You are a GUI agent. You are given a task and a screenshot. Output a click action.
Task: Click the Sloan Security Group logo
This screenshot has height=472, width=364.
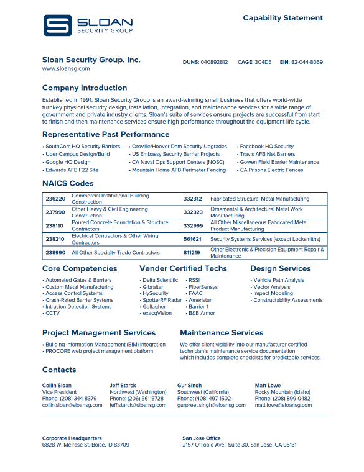click(88, 25)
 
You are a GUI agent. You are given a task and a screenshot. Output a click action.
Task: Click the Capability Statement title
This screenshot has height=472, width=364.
click(282, 18)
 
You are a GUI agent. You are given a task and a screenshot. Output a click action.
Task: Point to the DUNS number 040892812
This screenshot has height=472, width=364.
click(214, 62)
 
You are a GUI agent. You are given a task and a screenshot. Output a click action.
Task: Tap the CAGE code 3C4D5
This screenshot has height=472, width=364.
click(264, 62)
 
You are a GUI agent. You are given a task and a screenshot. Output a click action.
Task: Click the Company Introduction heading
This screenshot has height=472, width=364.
click(85, 88)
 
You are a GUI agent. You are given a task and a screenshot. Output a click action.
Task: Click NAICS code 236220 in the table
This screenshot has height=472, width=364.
click(55, 199)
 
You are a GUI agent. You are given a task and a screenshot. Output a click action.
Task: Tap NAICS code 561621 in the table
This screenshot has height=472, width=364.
click(192, 239)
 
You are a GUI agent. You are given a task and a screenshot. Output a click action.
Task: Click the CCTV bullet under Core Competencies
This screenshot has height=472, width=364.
click(52, 314)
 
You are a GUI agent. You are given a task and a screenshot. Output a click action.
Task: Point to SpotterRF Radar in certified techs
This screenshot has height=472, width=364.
click(162, 300)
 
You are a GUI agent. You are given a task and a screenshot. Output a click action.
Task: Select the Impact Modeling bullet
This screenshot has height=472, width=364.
click(273, 293)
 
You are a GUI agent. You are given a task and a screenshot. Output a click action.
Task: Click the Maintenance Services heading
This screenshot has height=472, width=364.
click(222, 333)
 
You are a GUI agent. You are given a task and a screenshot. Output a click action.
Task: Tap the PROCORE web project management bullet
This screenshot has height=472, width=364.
click(100, 351)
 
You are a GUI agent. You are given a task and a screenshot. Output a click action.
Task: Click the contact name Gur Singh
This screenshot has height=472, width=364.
click(189, 386)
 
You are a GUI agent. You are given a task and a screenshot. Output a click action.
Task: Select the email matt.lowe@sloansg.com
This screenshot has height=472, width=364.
click(283, 405)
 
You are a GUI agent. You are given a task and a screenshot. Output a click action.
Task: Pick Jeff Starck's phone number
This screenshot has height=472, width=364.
click(136, 399)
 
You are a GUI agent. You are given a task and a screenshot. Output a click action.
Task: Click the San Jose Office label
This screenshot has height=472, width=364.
click(202, 438)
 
